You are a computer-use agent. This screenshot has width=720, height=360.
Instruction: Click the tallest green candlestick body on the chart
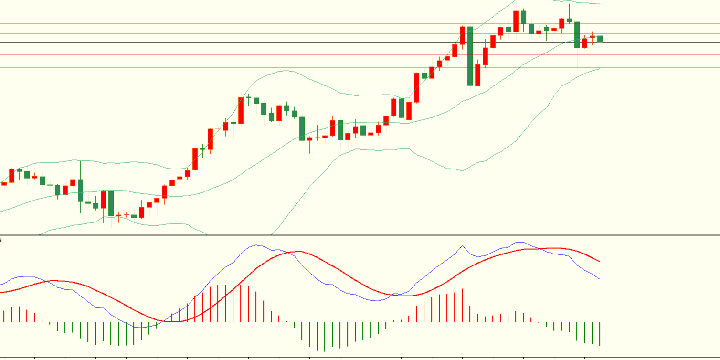470,56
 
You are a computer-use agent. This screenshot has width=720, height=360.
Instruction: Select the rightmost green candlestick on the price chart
600,39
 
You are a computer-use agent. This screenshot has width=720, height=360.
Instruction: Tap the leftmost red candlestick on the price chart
4,183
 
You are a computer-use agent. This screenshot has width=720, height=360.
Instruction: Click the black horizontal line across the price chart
286,42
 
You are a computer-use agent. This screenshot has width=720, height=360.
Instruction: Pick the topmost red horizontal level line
286,24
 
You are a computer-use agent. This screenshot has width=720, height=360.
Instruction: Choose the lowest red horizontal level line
286,68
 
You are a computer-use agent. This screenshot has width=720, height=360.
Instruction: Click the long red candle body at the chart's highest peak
516,21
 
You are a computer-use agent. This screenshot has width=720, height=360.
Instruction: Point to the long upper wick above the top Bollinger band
569,11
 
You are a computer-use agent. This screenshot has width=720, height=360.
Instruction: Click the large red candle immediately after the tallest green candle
477,75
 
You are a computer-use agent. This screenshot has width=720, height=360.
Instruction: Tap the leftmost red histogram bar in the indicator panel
4,316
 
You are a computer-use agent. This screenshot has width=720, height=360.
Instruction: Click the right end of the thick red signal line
599,261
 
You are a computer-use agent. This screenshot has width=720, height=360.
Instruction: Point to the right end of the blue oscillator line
599,279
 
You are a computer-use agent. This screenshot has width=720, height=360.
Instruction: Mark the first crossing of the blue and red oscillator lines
46,281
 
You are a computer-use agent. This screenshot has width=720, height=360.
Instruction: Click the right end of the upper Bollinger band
599,4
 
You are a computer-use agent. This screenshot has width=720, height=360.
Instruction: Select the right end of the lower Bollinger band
599,69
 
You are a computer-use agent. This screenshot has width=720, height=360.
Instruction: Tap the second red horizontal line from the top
286,34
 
